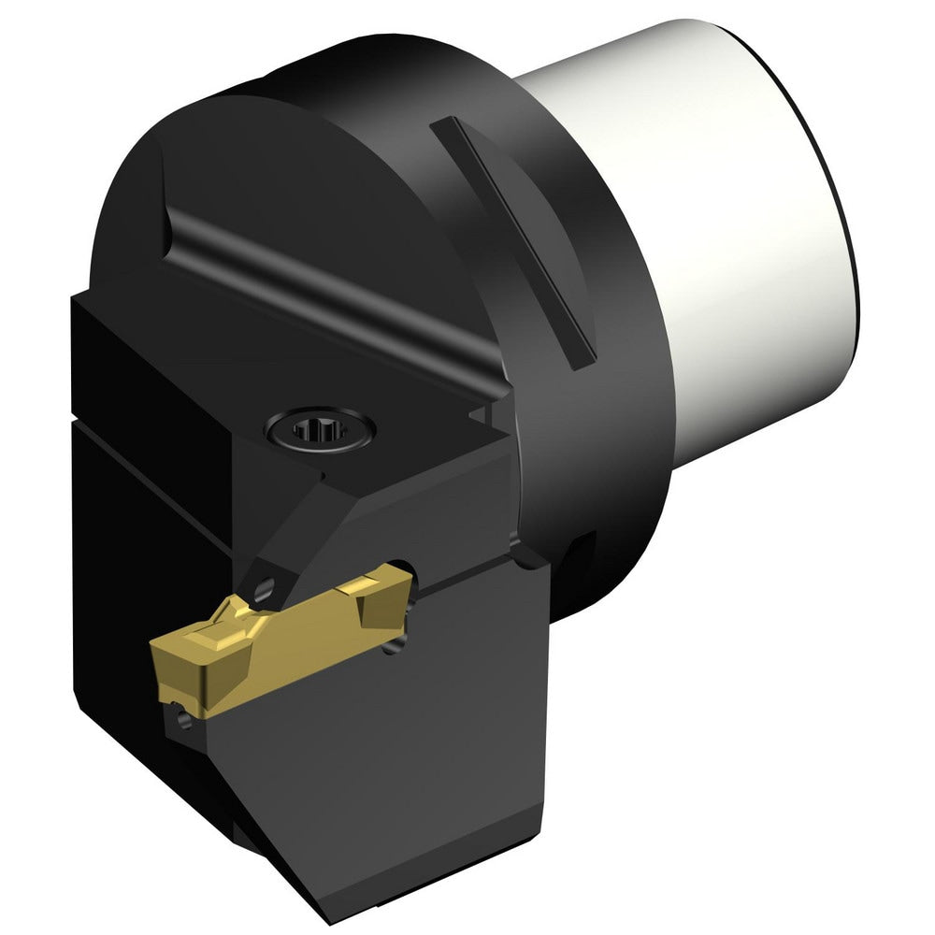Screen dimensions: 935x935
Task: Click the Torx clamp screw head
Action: (321, 432)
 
